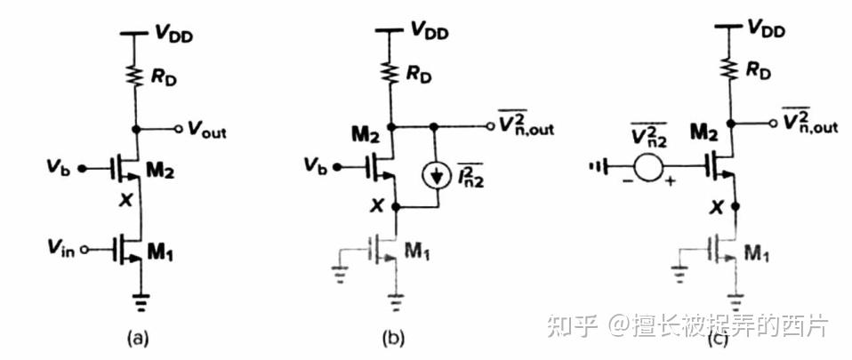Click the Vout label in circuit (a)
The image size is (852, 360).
tap(207, 132)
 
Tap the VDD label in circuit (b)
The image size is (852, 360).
tap(429, 31)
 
